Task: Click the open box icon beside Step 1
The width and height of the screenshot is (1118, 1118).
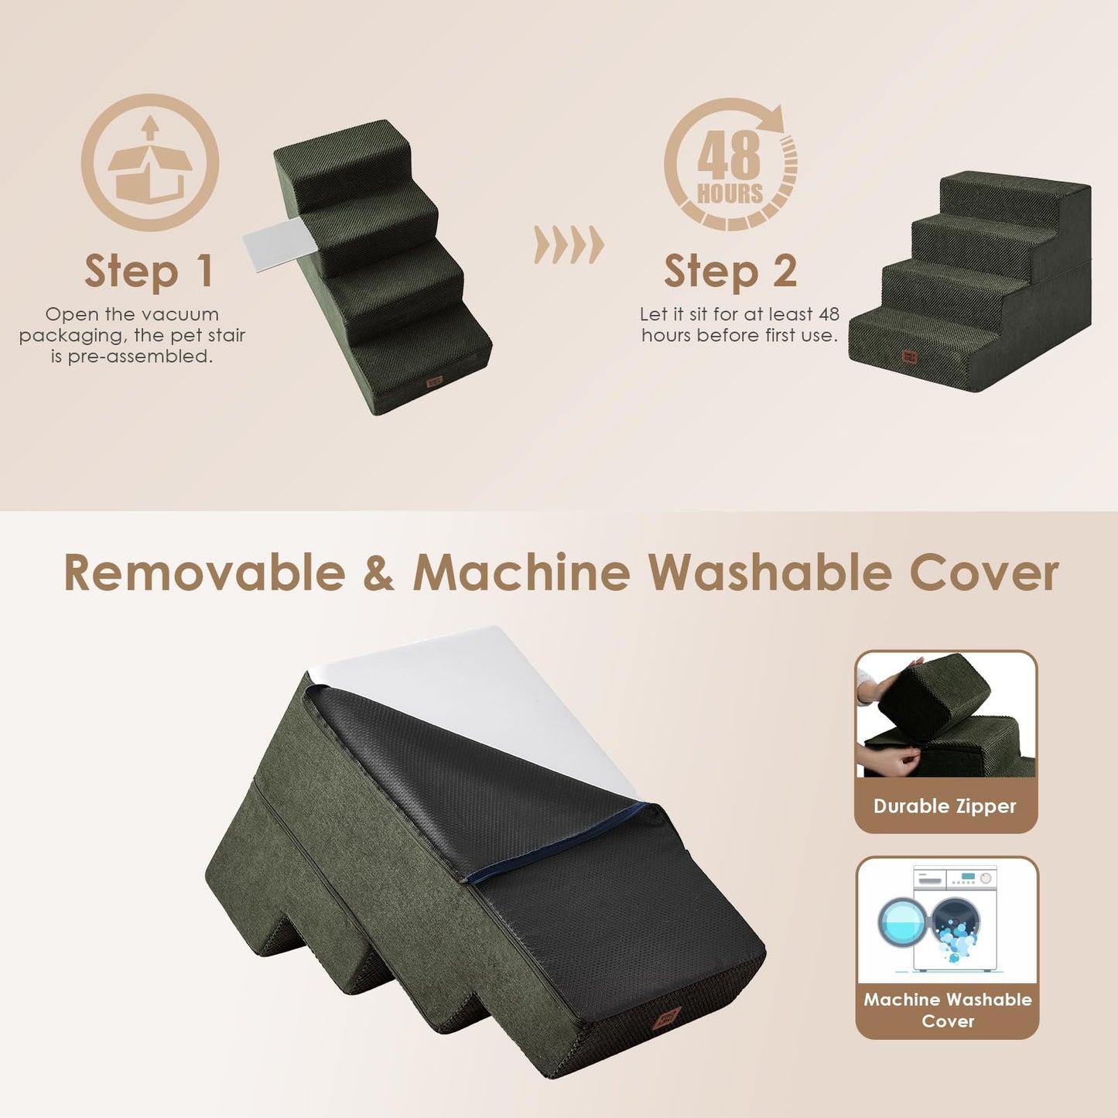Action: [150, 162]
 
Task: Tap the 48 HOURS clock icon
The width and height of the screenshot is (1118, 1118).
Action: [730, 164]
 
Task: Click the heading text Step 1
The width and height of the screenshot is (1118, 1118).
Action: [149, 272]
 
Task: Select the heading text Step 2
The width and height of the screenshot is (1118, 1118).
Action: [730, 272]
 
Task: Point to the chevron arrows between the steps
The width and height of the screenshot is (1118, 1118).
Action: [569, 245]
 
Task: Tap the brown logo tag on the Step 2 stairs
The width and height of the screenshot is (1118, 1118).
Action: [909, 356]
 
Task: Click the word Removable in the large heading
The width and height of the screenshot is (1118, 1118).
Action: [204, 573]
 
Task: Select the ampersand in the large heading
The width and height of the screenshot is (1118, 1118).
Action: [378, 573]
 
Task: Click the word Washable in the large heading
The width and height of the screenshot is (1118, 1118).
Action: [770, 573]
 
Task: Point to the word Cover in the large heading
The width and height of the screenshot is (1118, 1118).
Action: [983, 573]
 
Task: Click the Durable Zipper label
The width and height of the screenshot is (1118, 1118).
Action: [945, 806]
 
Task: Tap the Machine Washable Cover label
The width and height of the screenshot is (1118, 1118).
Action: [947, 1010]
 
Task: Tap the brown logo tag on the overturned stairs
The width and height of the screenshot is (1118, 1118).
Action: [665, 1017]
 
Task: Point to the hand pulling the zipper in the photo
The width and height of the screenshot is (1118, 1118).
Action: [890, 761]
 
